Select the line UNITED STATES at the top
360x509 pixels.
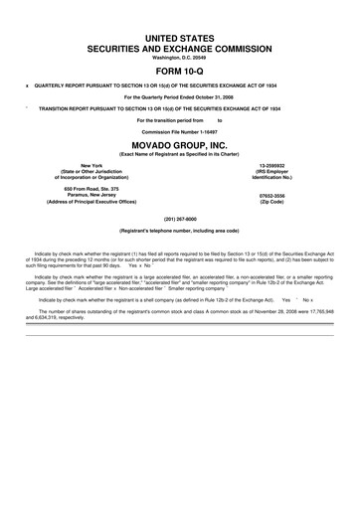[x=179, y=36]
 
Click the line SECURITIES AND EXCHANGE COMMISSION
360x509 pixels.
[x=179, y=47]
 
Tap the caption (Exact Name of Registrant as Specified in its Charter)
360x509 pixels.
[x=179, y=155]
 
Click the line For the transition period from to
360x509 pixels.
[x=179, y=119]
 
